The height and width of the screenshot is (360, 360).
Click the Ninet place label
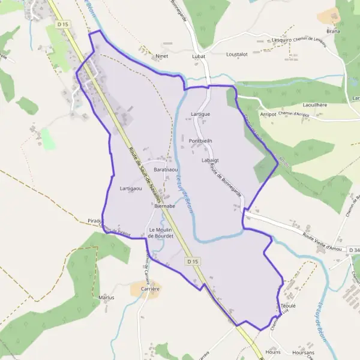[x=161, y=56]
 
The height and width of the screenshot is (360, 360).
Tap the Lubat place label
[x=199, y=56]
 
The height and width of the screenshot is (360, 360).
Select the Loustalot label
[x=237, y=54]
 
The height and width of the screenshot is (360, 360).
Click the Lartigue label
[x=200, y=113]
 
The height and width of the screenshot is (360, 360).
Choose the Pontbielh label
[x=200, y=141]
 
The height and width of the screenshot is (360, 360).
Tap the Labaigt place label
[x=211, y=160]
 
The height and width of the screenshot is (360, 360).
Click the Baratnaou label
[x=166, y=170]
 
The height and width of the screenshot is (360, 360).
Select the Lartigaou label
[x=131, y=188]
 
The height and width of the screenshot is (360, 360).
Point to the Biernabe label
[x=164, y=206]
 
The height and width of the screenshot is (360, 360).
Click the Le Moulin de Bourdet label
[x=161, y=233]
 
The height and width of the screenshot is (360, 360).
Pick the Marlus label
[x=106, y=297]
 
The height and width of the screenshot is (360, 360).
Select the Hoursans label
[x=301, y=352]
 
